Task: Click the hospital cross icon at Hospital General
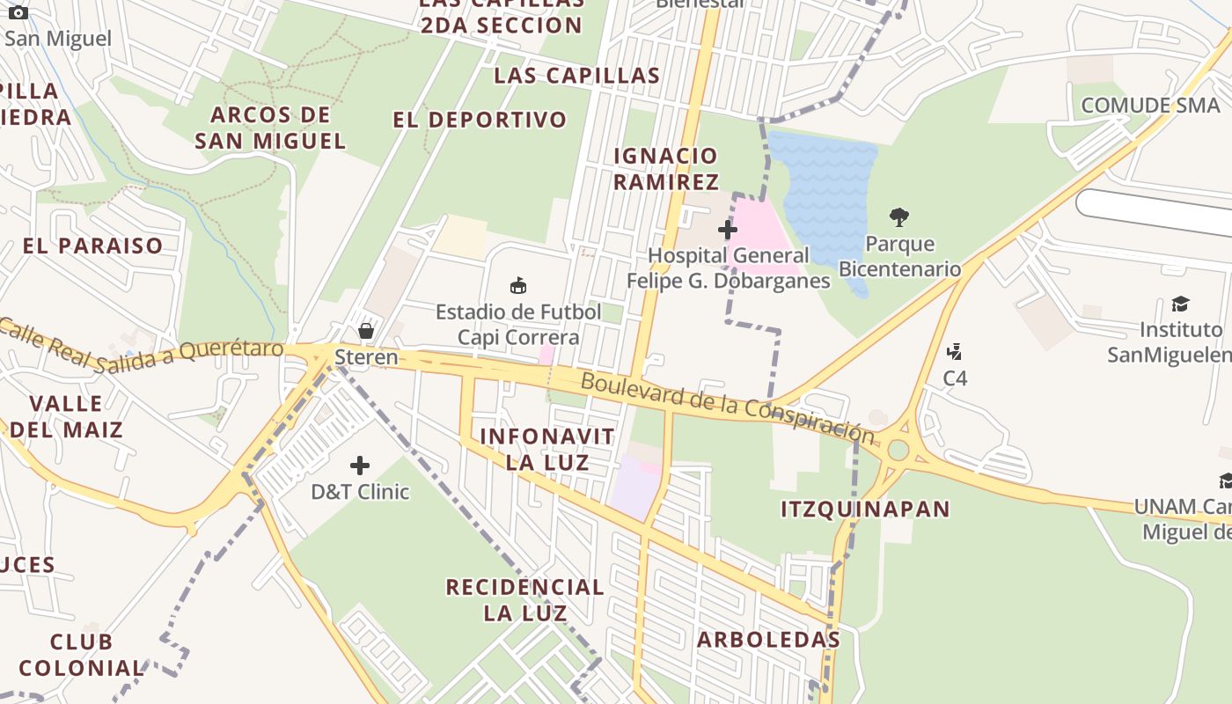pos(727,230)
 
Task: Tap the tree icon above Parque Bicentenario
pos(898,216)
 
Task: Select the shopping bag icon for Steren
pos(365,331)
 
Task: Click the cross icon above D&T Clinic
pos(360,465)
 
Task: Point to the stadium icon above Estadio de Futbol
pos(518,285)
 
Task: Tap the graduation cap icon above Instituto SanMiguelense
pos(1179,304)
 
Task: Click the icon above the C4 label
pos(954,352)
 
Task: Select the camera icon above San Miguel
pos(18,12)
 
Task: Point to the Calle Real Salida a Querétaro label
pos(141,347)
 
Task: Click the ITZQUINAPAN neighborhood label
pos(866,509)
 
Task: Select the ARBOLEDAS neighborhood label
pos(768,640)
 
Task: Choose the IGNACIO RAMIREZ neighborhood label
pos(666,169)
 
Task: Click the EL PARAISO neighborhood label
pos(92,246)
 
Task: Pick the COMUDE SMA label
pos(1151,106)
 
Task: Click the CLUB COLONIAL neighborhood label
pos(81,654)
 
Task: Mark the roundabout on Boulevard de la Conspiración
pos(898,450)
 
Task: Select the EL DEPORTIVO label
pos(480,120)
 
